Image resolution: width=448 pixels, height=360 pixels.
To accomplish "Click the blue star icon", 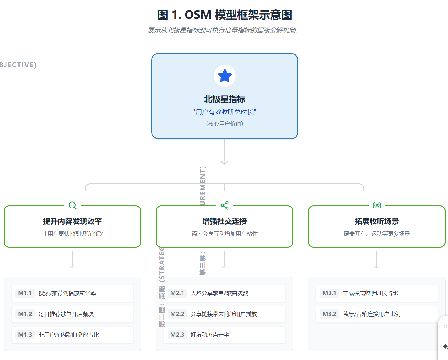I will tap(224, 76).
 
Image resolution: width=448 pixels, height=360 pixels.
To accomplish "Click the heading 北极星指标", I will tap(224, 99).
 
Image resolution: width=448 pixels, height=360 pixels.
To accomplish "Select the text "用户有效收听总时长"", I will tap(224, 112).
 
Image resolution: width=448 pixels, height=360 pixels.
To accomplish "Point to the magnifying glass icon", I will tap(73, 205).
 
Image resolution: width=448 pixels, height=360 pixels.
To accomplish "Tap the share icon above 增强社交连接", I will tap(225, 205).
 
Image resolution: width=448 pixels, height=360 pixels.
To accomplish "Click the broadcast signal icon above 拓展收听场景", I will tap(377, 205).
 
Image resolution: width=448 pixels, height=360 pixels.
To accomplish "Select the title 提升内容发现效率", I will tap(72, 221).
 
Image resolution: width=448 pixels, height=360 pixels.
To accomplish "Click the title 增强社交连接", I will tap(224, 221).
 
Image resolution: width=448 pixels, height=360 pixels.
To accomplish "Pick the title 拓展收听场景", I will tap(377, 221).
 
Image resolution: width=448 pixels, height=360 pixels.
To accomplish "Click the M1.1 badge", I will tap(25, 293).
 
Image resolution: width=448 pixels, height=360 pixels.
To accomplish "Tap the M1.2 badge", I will tap(25, 314).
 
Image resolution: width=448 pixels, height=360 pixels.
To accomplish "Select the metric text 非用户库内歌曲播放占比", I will tap(69, 335).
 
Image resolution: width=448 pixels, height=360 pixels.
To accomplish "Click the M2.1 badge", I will tap(177, 293).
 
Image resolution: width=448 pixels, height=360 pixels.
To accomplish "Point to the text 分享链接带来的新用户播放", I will tap(224, 314).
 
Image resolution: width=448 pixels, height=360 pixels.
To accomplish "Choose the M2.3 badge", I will tap(177, 335).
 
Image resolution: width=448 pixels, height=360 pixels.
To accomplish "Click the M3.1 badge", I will tap(329, 293).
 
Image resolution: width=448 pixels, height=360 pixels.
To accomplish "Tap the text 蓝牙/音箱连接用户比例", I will tap(371, 314).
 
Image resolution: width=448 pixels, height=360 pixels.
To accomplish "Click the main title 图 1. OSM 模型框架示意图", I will tap(224, 15).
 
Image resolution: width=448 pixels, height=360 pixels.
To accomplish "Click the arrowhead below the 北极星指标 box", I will tap(224, 162).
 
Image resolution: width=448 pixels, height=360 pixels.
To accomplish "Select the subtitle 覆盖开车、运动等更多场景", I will tap(377, 234).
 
